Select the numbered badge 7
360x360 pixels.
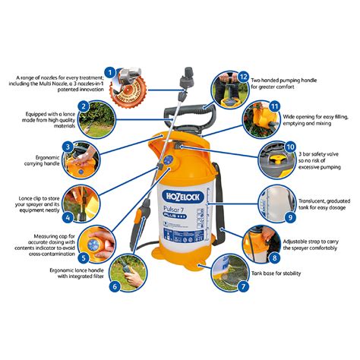coord(242,286)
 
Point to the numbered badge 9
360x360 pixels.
coord(289,217)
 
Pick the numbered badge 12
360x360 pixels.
coord(243,77)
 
